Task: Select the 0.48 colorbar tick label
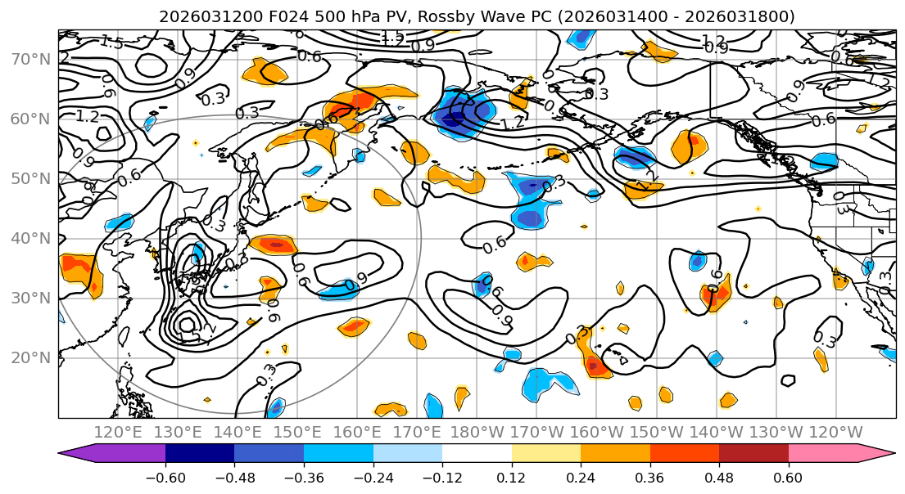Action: (719, 476)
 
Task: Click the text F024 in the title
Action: (260, 16)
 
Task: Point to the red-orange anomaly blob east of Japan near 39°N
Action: (277, 244)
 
